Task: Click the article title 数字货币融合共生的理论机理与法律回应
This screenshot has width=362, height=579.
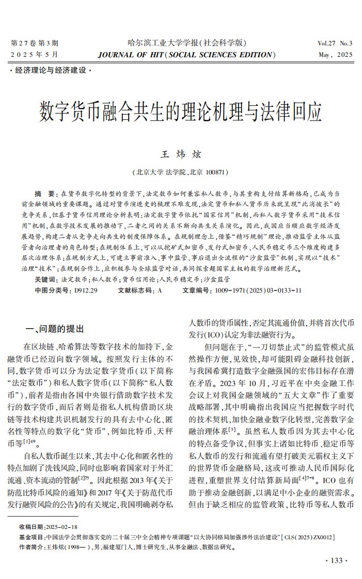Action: click(181, 110)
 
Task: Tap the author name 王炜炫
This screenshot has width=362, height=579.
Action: click(181, 154)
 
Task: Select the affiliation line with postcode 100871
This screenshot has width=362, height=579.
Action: click(181, 172)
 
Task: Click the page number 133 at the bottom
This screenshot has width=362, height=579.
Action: click(336, 560)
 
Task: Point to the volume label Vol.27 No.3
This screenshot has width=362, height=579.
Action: click(335, 43)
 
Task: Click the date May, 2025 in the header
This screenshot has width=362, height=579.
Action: click(336, 55)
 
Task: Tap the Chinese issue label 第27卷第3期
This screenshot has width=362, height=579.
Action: click(35, 43)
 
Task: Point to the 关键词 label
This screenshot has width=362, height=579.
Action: click(46, 279)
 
